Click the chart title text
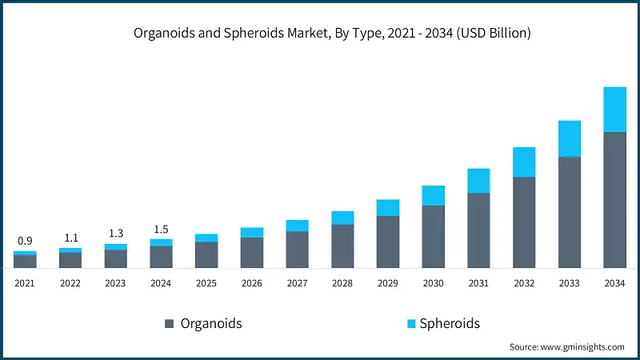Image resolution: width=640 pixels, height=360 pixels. [x=320, y=34]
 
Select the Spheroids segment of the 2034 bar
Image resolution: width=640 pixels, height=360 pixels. [x=614, y=110]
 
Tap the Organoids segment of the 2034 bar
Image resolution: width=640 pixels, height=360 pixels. [x=614, y=199]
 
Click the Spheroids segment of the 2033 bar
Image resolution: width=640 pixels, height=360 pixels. [x=569, y=138]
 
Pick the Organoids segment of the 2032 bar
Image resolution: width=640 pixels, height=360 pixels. [x=524, y=222]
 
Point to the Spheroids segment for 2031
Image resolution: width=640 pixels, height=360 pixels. [x=478, y=181]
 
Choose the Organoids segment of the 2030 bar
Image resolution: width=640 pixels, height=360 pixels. [x=433, y=236]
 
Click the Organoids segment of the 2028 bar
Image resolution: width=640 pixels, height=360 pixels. [x=342, y=246]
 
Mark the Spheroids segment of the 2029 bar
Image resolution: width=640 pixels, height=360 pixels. [x=388, y=208]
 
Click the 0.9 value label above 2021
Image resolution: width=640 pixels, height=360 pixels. [x=25, y=241]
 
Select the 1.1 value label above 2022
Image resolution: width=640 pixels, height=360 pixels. [x=70, y=238]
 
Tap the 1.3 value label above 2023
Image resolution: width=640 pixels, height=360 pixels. [x=115, y=234]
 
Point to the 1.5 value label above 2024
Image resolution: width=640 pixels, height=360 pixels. [x=161, y=230]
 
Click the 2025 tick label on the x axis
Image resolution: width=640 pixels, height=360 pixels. [x=206, y=283]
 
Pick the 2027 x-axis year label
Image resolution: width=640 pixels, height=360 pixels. [x=297, y=283]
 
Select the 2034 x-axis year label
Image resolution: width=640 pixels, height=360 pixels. [x=614, y=283]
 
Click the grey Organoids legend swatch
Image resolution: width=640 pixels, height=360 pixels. [x=169, y=324]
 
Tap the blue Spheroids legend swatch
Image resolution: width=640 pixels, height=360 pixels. [x=411, y=324]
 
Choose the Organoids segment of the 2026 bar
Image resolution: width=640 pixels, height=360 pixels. [x=252, y=252]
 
